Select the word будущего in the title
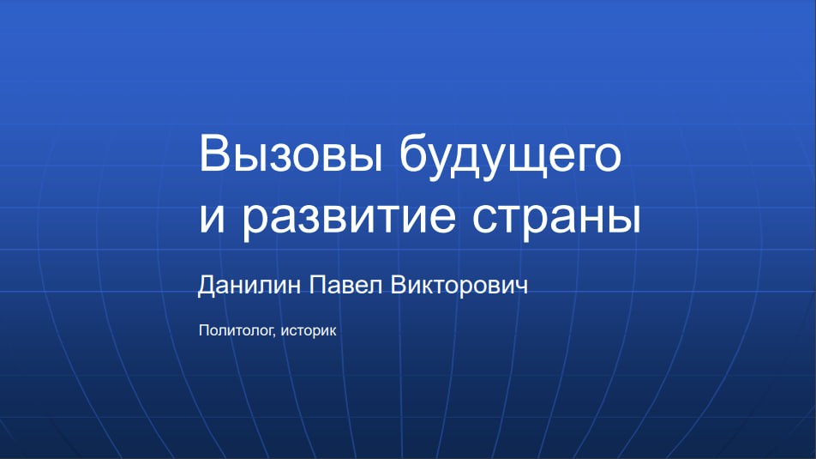511,157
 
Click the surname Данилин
249,286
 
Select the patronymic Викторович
459,286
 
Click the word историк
309,331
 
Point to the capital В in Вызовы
213,153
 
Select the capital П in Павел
318,285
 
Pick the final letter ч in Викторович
521,287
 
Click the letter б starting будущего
412,154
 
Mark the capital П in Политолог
204,330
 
